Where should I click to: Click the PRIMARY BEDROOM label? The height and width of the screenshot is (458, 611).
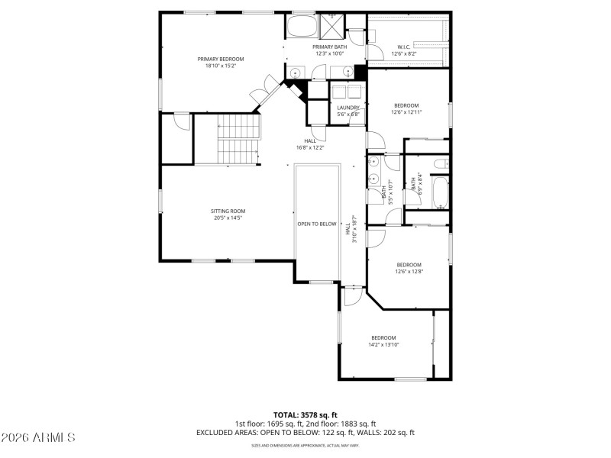(x=221, y=59)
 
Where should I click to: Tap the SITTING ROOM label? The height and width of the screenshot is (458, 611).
(x=228, y=211)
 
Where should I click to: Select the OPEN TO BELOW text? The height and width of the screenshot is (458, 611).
(x=317, y=224)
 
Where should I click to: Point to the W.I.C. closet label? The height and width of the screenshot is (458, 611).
(x=405, y=47)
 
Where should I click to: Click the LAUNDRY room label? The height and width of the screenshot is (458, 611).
(x=348, y=108)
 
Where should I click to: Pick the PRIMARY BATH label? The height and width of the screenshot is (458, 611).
(x=329, y=47)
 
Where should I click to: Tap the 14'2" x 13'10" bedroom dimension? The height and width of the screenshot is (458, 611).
(x=383, y=345)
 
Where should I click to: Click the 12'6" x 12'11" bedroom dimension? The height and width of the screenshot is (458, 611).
(x=406, y=112)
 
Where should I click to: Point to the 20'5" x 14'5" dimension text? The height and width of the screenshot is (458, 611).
(x=228, y=218)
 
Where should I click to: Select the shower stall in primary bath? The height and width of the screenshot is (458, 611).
(x=332, y=26)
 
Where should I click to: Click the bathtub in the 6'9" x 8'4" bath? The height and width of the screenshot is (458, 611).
(x=440, y=193)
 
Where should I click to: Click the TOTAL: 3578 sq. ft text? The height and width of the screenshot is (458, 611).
(x=305, y=414)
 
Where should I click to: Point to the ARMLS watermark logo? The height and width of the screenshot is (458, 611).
(x=38, y=437)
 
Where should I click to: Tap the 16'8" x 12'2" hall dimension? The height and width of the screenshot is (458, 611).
(x=310, y=147)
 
